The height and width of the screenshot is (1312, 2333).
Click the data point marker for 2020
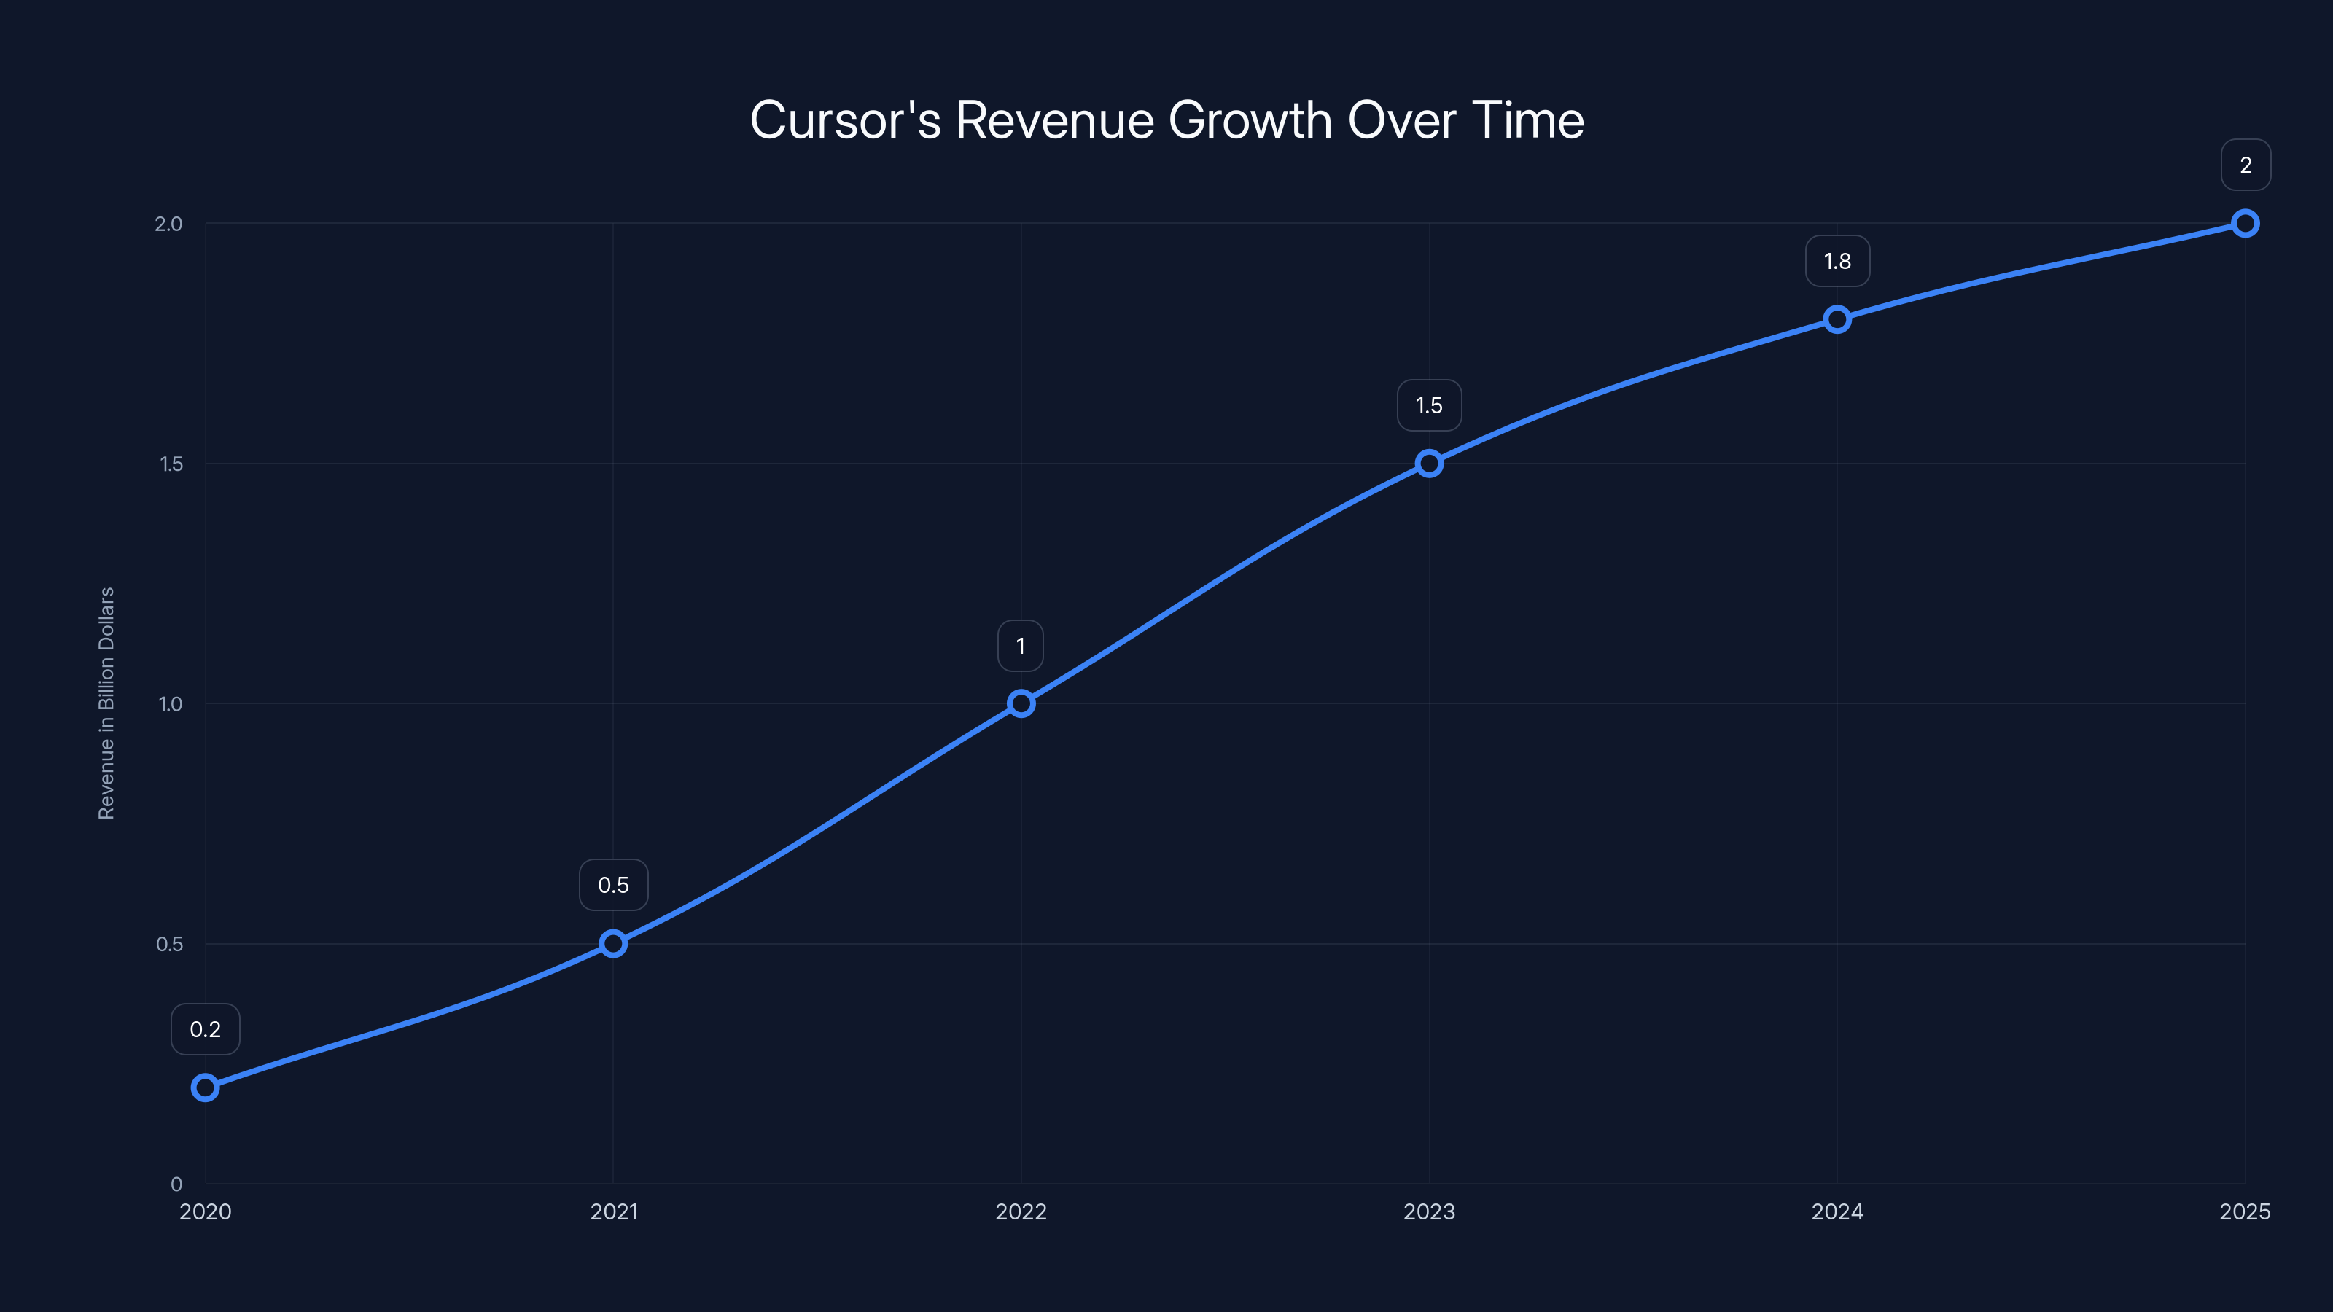(x=206, y=1088)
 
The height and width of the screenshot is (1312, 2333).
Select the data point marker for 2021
(x=613, y=943)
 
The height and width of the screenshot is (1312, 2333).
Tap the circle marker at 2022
(x=1021, y=703)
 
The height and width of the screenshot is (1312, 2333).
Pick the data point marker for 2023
(x=1429, y=464)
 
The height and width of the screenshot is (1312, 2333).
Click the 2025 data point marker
(x=2246, y=224)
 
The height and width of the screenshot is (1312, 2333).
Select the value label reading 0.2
(x=206, y=1029)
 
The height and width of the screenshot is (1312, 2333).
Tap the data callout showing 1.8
(x=1837, y=262)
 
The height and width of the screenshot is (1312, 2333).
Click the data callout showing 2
(x=2246, y=165)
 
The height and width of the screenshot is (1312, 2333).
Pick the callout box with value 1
(x=1021, y=646)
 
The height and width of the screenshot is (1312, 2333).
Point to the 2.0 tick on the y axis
(x=168, y=224)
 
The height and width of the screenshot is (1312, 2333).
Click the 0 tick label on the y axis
(x=176, y=1184)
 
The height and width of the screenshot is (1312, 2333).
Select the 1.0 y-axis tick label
(x=171, y=704)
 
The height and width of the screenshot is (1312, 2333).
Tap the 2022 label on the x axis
(x=1021, y=1212)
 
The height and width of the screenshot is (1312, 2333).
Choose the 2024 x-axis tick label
(x=1837, y=1212)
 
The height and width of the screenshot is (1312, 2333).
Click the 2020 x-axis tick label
(x=206, y=1212)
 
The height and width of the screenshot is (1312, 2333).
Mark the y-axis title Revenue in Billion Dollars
(x=107, y=703)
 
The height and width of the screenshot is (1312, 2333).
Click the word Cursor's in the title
(x=845, y=120)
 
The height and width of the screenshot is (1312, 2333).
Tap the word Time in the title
(x=1528, y=120)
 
